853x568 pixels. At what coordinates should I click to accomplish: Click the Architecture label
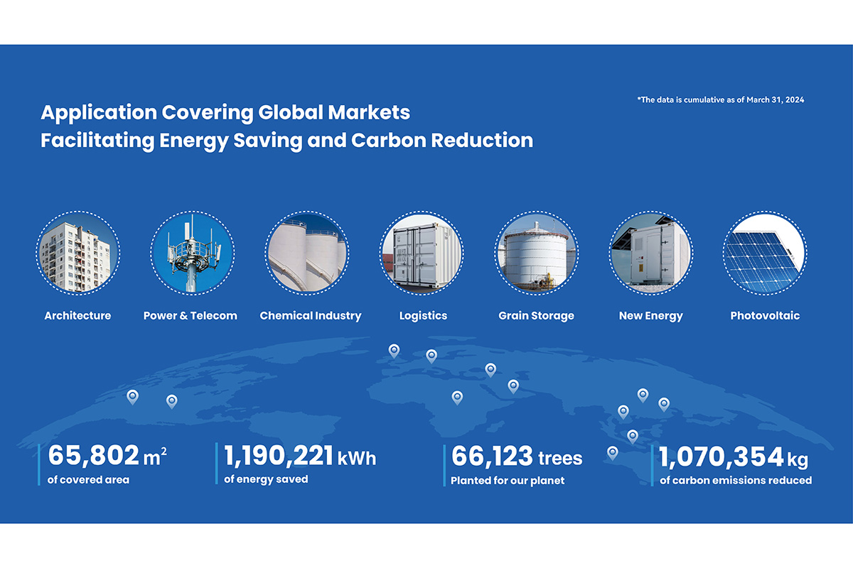(77, 315)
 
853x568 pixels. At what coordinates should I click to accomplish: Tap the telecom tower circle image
(193, 253)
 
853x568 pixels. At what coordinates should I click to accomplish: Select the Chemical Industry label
(311, 316)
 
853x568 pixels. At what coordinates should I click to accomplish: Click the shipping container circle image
(422, 253)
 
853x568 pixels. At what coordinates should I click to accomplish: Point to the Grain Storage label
(536, 316)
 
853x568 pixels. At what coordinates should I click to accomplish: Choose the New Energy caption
(651, 316)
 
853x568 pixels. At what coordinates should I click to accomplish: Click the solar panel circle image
(765, 253)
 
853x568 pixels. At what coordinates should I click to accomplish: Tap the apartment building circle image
(78, 253)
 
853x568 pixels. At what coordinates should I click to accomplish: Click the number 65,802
(94, 455)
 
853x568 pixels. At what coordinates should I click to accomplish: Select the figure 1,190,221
(279, 455)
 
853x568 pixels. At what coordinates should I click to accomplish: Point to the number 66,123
(492, 456)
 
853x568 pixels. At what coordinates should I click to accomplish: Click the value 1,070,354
(721, 457)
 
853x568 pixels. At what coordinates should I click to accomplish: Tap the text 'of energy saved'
(266, 479)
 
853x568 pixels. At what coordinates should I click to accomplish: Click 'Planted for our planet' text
(508, 481)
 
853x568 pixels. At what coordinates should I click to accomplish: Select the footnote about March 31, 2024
(721, 99)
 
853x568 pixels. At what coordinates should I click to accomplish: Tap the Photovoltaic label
(765, 315)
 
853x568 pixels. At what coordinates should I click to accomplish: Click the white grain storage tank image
(536, 253)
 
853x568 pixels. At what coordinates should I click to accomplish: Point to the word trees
(560, 458)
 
